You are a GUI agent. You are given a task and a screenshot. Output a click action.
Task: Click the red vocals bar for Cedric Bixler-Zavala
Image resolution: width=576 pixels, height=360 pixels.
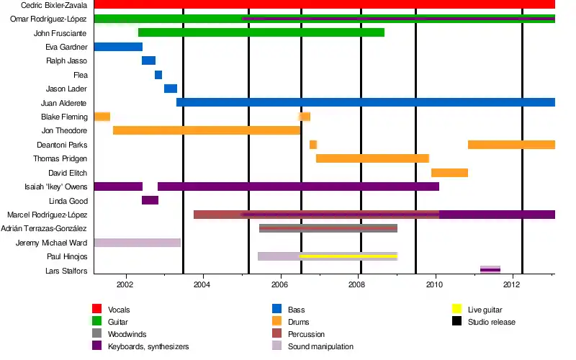tap(324, 5)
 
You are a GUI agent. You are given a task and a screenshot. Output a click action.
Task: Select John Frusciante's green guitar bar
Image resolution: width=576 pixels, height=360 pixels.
tap(261, 32)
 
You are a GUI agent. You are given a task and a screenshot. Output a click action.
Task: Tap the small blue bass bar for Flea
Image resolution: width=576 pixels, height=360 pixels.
tap(158, 75)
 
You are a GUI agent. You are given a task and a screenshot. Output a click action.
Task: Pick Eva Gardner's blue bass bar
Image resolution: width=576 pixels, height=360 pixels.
tap(118, 47)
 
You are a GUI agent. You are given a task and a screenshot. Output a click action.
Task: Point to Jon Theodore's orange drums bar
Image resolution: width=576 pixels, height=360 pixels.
tap(206, 130)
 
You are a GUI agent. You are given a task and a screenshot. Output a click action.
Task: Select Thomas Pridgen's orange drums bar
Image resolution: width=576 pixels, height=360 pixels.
tap(372, 158)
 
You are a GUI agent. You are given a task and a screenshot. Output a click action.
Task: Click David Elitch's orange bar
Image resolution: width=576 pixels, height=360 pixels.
tap(449, 173)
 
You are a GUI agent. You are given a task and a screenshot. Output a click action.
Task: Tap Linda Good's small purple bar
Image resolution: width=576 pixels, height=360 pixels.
tap(150, 200)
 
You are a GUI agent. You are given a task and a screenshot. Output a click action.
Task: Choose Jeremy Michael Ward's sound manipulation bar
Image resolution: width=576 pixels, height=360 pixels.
tap(137, 243)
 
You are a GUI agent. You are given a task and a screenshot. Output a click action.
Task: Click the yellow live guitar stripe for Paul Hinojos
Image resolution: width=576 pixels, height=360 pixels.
tap(348, 256)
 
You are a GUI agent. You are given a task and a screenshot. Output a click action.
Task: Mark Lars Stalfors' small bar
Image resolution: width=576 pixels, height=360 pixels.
tap(490, 270)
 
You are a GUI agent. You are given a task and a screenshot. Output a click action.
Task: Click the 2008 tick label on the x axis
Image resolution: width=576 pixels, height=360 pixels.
tap(358, 284)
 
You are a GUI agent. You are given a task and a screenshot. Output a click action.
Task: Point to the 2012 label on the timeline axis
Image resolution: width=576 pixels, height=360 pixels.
tap(512, 284)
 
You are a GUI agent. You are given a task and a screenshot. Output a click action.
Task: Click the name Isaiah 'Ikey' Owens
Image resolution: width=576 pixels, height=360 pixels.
tap(56, 186)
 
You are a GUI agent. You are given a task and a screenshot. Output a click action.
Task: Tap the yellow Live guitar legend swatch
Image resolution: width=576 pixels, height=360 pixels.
tap(456, 310)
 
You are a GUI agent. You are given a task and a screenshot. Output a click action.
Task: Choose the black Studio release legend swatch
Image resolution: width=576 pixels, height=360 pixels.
tap(456, 322)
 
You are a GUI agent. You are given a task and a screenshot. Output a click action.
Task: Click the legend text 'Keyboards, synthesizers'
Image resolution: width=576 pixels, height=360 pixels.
tap(148, 347)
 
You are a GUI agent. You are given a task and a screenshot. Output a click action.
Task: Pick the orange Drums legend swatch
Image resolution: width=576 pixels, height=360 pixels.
tap(276, 322)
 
